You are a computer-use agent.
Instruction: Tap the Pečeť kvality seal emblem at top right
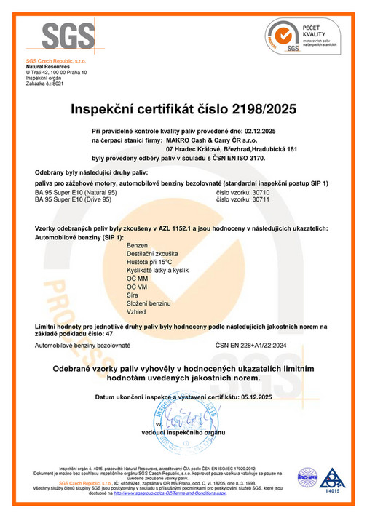pos(280,37)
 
